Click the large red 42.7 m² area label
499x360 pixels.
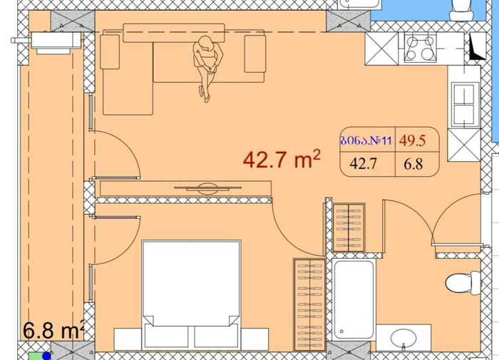[x=282, y=159]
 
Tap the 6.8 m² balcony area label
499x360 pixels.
[x=53, y=330]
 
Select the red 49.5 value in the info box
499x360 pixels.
[x=413, y=140]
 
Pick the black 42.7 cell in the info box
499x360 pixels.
[x=363, y=164]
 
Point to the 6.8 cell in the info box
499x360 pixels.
[x=413, y=164]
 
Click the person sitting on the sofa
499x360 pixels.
[x=205, y=68]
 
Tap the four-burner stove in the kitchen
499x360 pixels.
[x=420, y=48]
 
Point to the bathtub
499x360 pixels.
[x=354, y=299]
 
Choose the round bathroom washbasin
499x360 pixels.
[x=403, y=339]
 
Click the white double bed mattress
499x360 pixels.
[x=191, y=283]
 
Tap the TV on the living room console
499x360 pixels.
[x=207, y=189]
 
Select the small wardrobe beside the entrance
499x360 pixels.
[x=349, y=227]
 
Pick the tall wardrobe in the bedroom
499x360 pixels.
[x=309, y=305]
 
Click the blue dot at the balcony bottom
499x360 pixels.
[x=47, y=356]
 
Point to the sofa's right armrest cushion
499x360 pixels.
[x=255, y=53]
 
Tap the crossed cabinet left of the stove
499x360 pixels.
[x=381, y=48]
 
